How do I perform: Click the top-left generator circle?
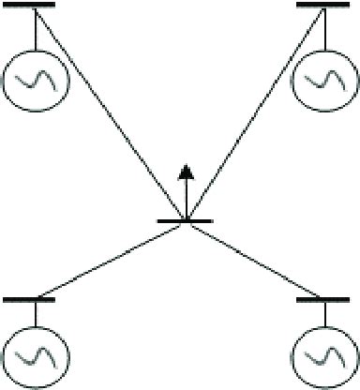(x=36, y=78)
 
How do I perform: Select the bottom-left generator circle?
(x=36, y=358)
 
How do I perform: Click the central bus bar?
(x=186, y=221)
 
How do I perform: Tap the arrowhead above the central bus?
(x=186, y=172)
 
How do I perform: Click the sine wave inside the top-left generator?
(x=36, y=78)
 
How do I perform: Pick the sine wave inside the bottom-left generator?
(x=36, y=358)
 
